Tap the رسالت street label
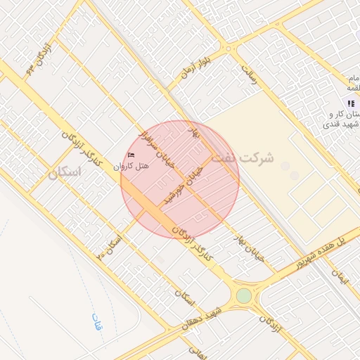click(250, 76)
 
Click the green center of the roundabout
click(243, 296)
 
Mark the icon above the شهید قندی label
click(351, 103)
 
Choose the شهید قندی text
click(341, 124)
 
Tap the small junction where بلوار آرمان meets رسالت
click(229, 50)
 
